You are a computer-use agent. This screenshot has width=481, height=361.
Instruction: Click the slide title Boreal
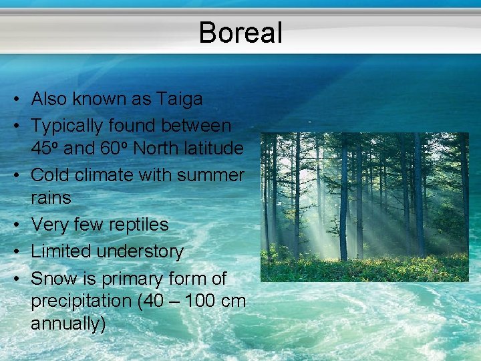[240, 32]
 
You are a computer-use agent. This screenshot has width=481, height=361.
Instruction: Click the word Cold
[49, 175]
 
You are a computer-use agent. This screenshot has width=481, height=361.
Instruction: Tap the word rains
[51, 199]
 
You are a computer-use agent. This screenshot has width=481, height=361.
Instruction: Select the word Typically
[71, 126]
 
